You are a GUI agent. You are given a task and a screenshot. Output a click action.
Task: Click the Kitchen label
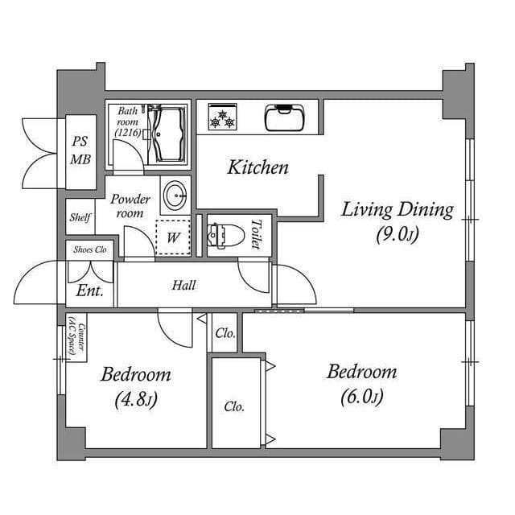pyautogui.click(x=257, y=167)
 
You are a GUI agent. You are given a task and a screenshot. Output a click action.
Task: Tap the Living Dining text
pyautogui.click(x=397, y=211)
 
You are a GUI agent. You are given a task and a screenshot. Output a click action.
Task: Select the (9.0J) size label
pyautogui.click(x=397, y=235)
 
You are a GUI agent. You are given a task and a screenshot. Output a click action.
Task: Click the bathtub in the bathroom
pyautogui.click(x=169, y=133)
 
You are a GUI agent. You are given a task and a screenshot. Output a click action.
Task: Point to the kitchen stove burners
pyautogui.click(x=222, y=117)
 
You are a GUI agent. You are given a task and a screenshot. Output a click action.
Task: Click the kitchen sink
pyautogui.click(x=286, y=117)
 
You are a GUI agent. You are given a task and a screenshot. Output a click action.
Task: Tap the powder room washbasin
pyautogui.click(x=175, y=195)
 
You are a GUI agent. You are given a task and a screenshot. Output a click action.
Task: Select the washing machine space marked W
pyautogui.click(x=173, y=237)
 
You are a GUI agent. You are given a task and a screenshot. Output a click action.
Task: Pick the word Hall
pyautogui.click(x=183, y=285)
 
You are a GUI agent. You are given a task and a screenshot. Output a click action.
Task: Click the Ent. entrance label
pyautogui.click(x=90, y=291)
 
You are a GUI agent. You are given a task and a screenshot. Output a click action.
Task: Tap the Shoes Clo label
pyautogui.click(x=90, y=250)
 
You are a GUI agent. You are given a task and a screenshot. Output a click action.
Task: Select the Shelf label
pyautogui.click(x=80, y=217)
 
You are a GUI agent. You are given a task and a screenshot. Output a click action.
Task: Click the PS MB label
pyautogui.click(x=80, y=150)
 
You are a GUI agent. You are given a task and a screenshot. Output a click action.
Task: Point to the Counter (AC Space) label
pyautogui.click(x=74, y=336)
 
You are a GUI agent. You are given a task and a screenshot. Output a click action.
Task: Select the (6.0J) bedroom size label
pyautogui.click(x=361, y=396)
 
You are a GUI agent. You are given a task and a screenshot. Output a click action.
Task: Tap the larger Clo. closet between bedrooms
pyautogui.click(x=234, y=406)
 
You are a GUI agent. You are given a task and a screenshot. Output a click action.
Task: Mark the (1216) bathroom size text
pyautogui.click(x=128, y=131)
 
